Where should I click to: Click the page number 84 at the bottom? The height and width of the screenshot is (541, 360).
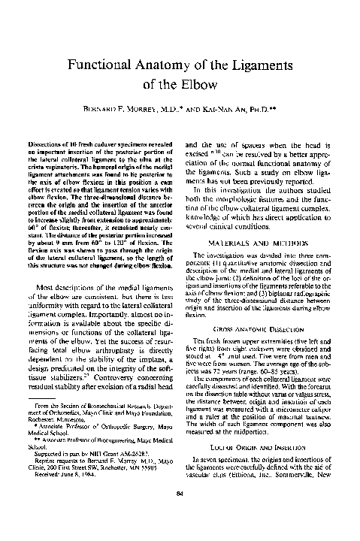[x=179, y=513]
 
